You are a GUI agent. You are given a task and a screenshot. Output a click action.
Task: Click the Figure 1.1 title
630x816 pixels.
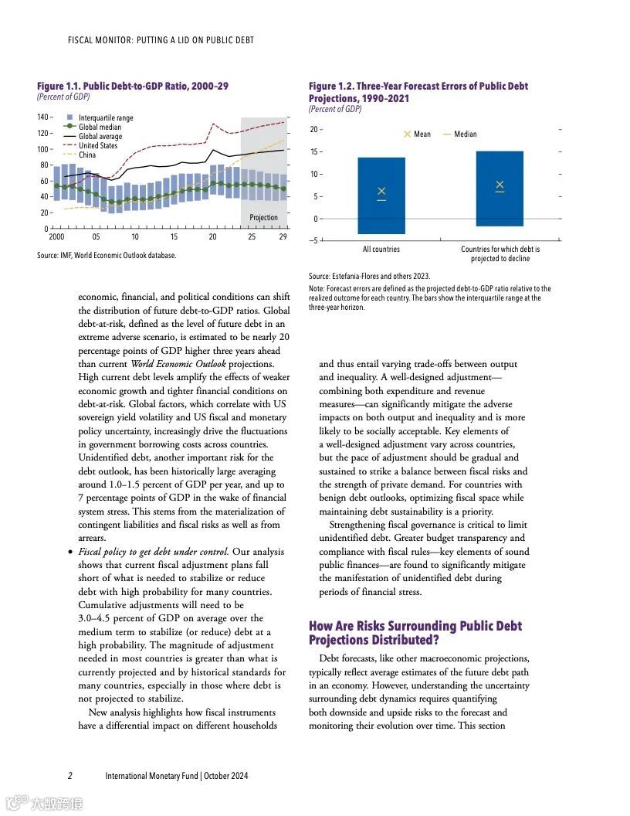(133, 87)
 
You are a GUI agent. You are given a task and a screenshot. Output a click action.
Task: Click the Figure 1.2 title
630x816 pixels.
(418, 92)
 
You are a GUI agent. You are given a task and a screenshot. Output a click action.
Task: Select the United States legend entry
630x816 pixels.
(97, 145)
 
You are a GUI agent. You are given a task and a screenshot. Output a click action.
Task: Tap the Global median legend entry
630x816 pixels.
(100, 127)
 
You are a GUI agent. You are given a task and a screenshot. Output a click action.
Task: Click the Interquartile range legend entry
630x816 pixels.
(105, 117)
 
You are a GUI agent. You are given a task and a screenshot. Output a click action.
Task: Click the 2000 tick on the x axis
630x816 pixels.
(56, 237)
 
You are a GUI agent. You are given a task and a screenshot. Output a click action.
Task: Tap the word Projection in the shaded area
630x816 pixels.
(263, 218)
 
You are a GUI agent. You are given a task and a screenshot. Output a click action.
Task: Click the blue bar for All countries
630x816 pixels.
(381, 216)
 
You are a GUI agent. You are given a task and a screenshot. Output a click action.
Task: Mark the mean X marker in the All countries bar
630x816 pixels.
(381, 191)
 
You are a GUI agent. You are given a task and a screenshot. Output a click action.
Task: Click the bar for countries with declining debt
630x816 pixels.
(500, 209)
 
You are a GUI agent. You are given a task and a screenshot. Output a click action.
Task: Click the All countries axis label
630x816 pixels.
(381, 250)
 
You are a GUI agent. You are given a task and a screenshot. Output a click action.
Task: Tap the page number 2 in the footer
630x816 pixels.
(69, 776)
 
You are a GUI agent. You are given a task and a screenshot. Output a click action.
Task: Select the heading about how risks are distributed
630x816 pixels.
(415, 633)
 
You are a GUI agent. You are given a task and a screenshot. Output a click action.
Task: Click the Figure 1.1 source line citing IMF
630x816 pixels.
(107, 256)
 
